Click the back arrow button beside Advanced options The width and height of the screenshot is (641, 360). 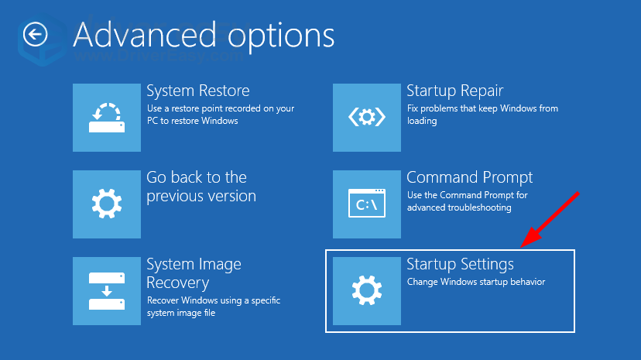click(35, 34)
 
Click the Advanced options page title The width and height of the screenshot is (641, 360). click(204, 36)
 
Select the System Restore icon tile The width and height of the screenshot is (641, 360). click(107, 118)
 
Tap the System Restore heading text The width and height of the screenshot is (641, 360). click(198, 91)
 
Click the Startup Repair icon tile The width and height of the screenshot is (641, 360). click(367, 118)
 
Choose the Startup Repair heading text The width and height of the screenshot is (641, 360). click(455, 91)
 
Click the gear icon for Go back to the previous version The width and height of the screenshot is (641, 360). click(107, 204)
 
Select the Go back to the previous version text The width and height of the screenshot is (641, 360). click(201, 187)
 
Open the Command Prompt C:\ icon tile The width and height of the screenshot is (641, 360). click(367, 204)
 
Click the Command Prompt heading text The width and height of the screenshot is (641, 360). click(470, 177)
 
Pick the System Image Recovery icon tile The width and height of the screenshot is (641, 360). click(107, 291)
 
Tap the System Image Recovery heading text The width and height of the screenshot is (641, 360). click(194, 273)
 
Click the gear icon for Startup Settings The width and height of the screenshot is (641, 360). click(367, 291)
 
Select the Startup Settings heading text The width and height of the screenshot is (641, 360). click(461, 264)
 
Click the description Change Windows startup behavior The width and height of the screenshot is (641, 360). click(476, 282)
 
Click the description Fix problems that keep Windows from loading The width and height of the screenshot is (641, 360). click(482, 115)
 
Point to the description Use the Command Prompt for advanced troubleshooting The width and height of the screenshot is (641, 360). click(468, 201)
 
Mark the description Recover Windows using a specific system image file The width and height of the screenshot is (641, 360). click(214, 307)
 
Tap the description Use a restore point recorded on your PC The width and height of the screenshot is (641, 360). click(221, 115)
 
